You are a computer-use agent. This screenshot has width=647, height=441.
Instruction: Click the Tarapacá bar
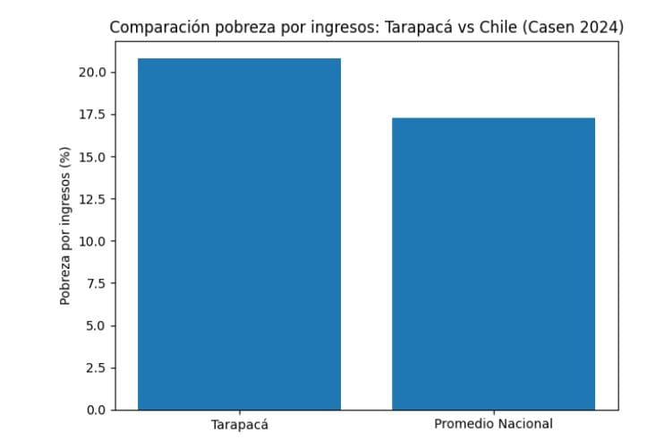pyautogui.click(x=239, y=234)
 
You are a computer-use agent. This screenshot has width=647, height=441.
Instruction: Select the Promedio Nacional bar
pyautogui.click(x=493, y=264)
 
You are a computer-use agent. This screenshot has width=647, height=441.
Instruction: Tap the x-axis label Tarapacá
pyautogui.click(x=239, y=425)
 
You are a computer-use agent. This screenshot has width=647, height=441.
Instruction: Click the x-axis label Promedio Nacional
pyautogui.click(x=493, y=423)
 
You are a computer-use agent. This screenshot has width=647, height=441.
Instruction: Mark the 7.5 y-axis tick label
pyautogui.click(x=97, y=283)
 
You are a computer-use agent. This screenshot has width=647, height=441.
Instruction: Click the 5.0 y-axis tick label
pyautogui.click(x=97, y=325)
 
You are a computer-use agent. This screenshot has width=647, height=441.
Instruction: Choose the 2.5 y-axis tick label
pyautogui.click(x=97, y=367)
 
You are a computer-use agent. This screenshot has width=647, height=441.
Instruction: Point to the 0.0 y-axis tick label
pyautogui.click(x=97, y=410)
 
